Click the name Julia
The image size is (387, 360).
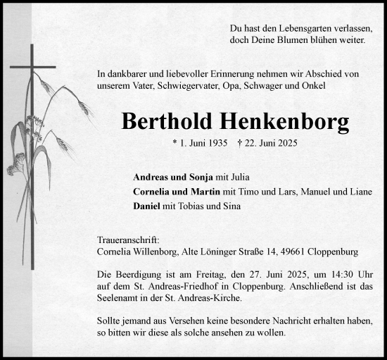[x=238, y=177]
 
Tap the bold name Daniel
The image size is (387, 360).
[x=146, y=206]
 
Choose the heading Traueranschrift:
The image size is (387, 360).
[x=124, y=240]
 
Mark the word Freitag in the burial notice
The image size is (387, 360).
[x=198, y=274]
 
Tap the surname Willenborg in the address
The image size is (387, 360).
[x=159, y=252]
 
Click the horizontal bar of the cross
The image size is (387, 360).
[x=32, y=67]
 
